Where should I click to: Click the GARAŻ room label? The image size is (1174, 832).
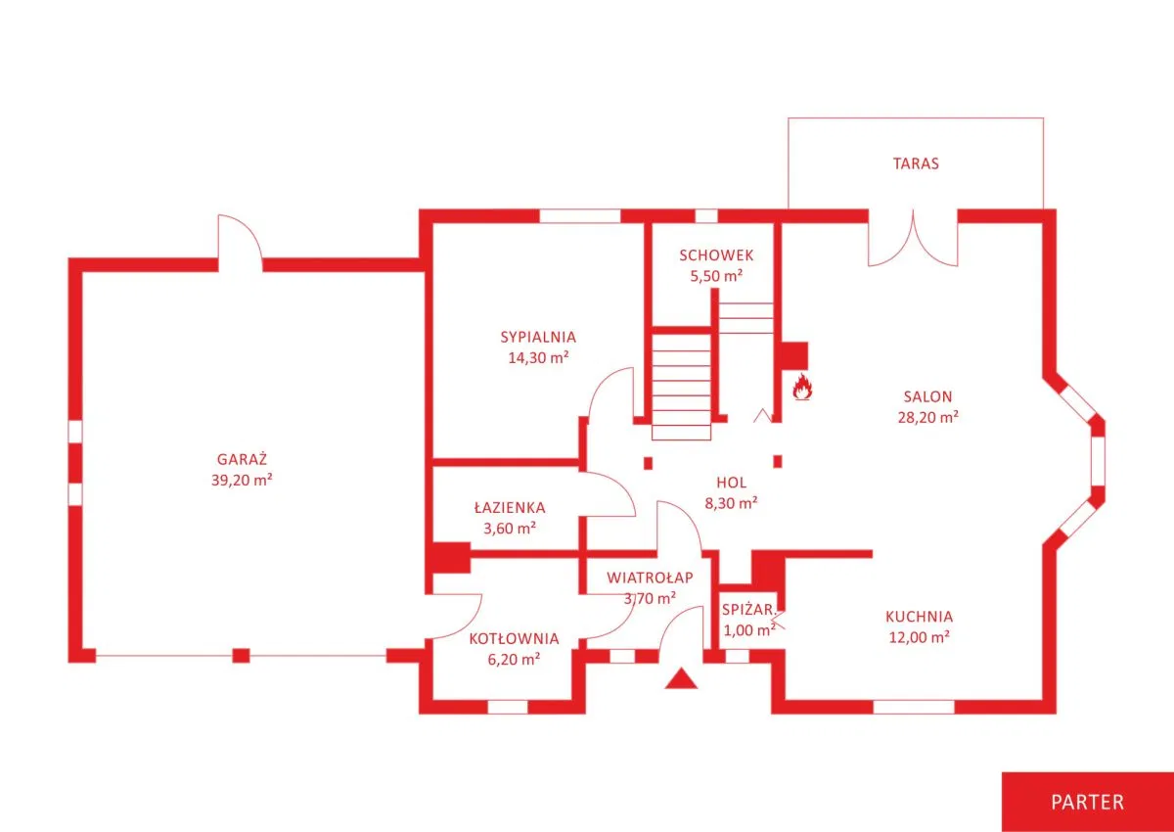(x=243, y=458)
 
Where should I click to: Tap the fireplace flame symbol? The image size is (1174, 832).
(x=803, y=388)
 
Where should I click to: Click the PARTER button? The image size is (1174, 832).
(x=1087, y=802)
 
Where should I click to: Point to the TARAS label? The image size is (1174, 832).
(x=915, y=163)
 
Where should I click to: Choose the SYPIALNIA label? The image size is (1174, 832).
(x=538, y=337)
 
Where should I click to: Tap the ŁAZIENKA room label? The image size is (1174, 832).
(x=510, y=508)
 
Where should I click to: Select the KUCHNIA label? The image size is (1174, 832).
(x=919, y=617)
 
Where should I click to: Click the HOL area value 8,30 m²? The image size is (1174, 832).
(x=730, y=503)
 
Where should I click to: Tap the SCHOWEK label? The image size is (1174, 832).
(x=716, y=255)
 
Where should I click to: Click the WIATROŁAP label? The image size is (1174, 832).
(x=650, y=578)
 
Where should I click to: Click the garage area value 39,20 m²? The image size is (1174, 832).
(x=243, y=480)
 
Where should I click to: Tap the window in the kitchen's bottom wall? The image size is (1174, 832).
(x=913, y=707)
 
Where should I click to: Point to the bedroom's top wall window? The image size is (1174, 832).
(x=580, y=216)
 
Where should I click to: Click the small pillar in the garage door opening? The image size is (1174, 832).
(x=241, y=655)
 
